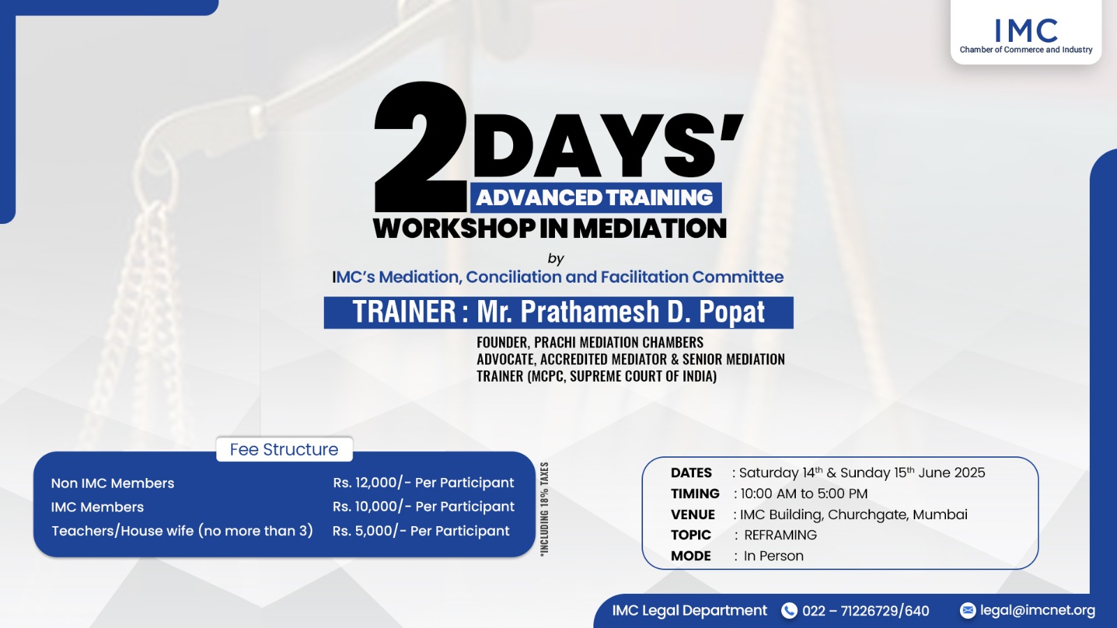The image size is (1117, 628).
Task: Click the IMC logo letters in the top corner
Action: point(1026,31)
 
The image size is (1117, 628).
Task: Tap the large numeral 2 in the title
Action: point(420,147)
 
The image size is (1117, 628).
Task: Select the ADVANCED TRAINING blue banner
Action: point(596,197)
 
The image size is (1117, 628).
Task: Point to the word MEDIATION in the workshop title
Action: point(649,229)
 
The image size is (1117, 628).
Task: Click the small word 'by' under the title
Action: point(556,259)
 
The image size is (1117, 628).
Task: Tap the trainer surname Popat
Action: point(732,312)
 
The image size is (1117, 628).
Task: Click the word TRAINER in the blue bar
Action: point(404,312)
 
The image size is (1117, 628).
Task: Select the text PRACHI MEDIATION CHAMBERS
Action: point(619,343)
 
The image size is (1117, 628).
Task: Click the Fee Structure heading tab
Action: point(284,449)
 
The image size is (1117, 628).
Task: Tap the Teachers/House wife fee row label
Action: point(182,531)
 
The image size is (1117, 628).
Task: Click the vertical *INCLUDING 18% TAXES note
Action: point(544,509)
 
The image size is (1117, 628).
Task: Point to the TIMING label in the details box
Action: point(695,493)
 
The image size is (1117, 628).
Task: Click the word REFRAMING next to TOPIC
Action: point(781,534)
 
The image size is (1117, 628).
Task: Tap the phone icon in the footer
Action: point(789,611)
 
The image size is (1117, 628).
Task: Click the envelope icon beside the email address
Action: point(968,610)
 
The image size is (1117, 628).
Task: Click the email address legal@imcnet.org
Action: point(1037,611)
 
